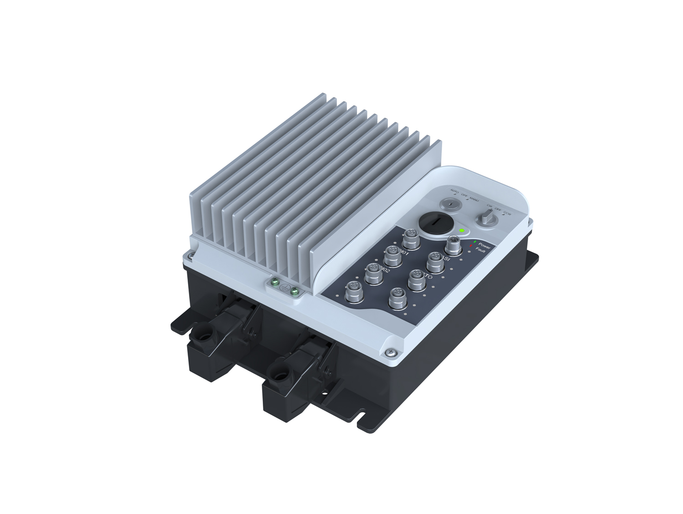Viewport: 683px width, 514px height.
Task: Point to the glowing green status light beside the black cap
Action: pos(462,231)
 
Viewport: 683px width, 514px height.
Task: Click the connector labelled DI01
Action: pos(391,256)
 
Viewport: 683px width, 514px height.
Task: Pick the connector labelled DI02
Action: pos(373,273)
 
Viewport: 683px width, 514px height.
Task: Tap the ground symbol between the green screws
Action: pos(285,287)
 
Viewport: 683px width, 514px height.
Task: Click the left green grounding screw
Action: pos(275,283)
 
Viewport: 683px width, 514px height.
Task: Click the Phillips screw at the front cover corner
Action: pos(390,352)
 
